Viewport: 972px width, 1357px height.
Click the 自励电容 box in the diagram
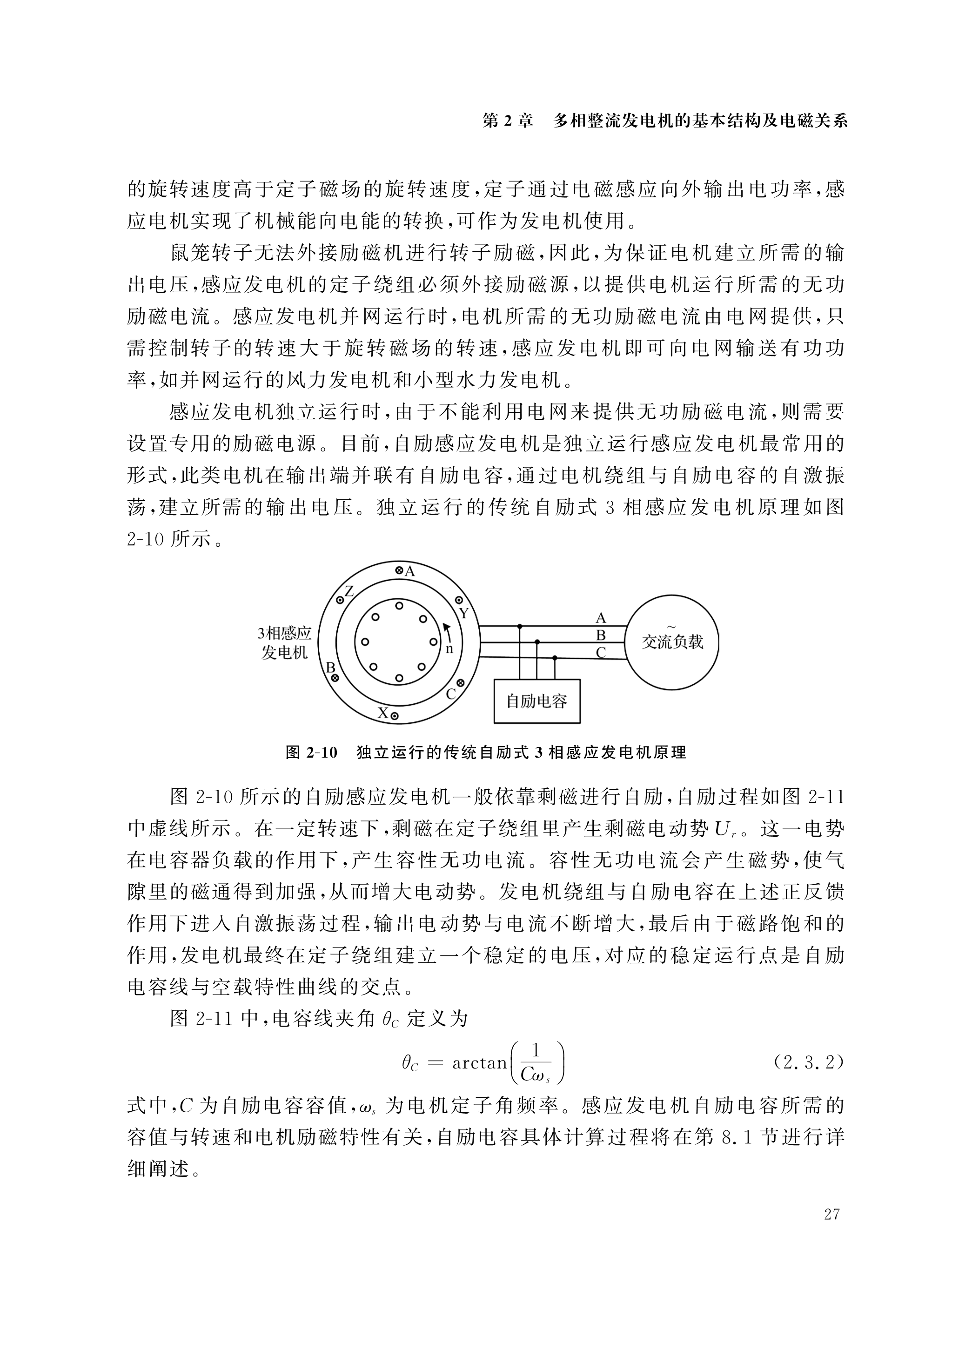[536, 701]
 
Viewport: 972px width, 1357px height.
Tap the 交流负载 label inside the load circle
[672, 642]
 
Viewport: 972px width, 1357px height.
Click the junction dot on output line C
[555, 658]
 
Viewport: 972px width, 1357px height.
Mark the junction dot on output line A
[519, 626]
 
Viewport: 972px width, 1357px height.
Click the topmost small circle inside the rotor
[399, 605]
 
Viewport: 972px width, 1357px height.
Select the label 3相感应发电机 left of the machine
[285, 643]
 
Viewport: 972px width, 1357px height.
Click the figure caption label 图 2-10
[312, 752]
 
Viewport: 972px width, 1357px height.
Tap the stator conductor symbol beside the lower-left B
[335, 678]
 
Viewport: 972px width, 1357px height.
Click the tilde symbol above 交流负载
[671, 626]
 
